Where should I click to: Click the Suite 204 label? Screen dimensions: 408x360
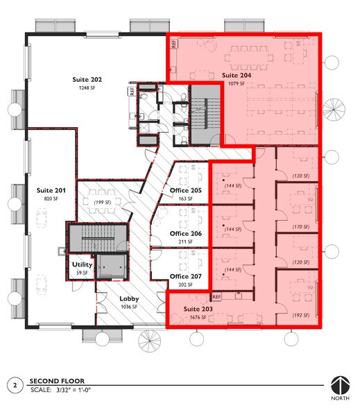237,75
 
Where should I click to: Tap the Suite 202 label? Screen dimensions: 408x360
85,80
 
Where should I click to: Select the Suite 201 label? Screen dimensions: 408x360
51,189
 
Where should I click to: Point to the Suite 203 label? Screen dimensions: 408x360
196,309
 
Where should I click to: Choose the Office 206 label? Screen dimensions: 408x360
185,234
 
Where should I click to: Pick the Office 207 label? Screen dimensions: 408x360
185,276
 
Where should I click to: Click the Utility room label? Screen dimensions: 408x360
83,264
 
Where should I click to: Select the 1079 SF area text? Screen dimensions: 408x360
237,84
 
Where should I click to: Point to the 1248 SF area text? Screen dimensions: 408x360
85,89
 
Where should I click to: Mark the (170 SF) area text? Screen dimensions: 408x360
300,226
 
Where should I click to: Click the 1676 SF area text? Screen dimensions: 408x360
196,318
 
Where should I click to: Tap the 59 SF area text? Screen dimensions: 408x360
83,273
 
